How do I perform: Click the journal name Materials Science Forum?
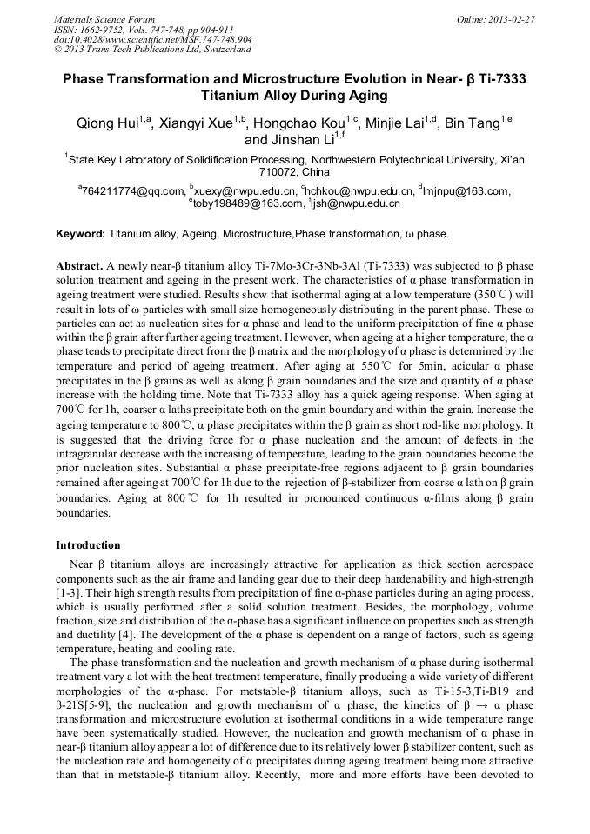click(104, 19)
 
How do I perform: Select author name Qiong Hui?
click(108, 124)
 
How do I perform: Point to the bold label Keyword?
click(80, 235)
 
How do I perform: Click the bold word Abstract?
click(78, 264)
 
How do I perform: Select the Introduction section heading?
click(88, 545)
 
